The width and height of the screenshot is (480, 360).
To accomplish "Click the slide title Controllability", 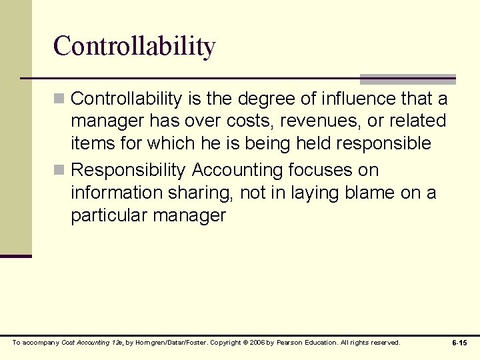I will [x=134, y=46].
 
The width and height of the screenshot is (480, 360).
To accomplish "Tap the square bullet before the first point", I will [x=59, y=99].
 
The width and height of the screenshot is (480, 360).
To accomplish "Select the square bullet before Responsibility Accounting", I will [x=59, y=171].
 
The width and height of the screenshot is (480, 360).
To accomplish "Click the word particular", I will [x=110, y=216].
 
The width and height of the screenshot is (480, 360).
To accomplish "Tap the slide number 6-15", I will [x=459, y=343].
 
